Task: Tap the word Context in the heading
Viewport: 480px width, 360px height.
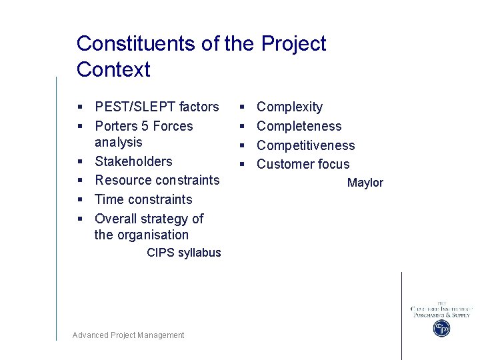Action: coord(113,69)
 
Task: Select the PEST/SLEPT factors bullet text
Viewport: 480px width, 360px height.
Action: coord(157,107)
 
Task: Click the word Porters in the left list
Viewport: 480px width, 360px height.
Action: coord(116,126)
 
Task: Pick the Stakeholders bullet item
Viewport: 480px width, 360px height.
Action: coord(133,161)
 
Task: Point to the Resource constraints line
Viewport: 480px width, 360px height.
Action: coord(157,180)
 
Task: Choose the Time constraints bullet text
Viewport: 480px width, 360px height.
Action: coord(143,199)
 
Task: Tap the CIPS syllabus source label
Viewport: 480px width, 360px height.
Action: coord(183,253)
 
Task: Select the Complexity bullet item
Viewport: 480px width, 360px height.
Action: coord(289,107)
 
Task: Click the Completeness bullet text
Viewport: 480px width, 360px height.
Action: coord(299,126)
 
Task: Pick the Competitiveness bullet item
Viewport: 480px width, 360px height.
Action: coord(305,145)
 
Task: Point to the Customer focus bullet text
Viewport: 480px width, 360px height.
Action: coord(303,164)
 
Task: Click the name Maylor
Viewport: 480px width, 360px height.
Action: coord(365,183)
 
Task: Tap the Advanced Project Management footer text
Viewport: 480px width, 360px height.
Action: coord(128,335)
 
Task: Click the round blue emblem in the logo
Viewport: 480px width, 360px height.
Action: coord(441,328)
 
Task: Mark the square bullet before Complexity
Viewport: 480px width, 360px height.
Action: coord(242,107)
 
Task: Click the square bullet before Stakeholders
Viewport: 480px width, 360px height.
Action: coord(79,161)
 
